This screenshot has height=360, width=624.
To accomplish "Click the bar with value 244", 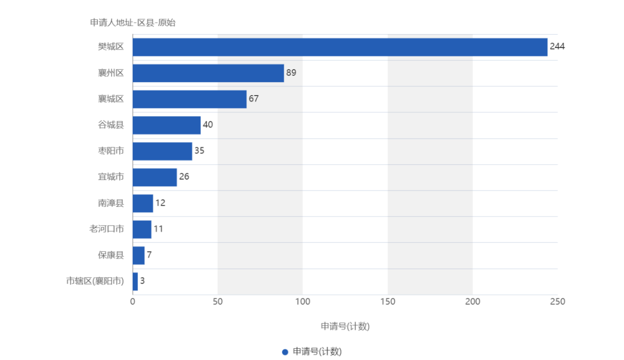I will pos(340,47).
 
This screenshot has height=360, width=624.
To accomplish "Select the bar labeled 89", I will pos(208,73).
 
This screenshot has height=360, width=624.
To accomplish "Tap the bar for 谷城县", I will pos(167,125).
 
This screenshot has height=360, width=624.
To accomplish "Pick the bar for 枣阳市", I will pos(162,151).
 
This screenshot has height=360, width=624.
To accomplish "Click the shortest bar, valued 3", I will pos(135,281).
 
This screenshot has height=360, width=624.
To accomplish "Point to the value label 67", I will pos(254,99).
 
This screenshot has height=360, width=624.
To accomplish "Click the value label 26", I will pos(184,177).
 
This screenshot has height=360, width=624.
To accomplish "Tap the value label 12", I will pos(160,203).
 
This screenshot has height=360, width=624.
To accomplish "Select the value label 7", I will pos(149,255).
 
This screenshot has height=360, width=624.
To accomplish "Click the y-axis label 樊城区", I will pos(111,47).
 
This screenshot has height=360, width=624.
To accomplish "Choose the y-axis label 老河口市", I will pos(106,229).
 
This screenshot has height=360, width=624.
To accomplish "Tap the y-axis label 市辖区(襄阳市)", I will pos(95,281).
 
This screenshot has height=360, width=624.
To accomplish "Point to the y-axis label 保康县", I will pos(111,255).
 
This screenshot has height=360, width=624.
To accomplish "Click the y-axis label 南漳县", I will pos(111,203).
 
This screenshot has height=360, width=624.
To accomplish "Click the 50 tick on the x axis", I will pos(217,301).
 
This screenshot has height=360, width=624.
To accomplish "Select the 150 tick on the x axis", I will pos(388,301).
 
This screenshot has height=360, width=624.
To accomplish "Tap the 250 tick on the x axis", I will pos(558,301).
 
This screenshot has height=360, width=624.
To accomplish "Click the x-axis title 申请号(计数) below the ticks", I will pos(345,326).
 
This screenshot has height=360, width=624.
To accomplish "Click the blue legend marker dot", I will pos(285,352).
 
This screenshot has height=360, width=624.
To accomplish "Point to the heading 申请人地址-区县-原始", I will pos(133,23).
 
